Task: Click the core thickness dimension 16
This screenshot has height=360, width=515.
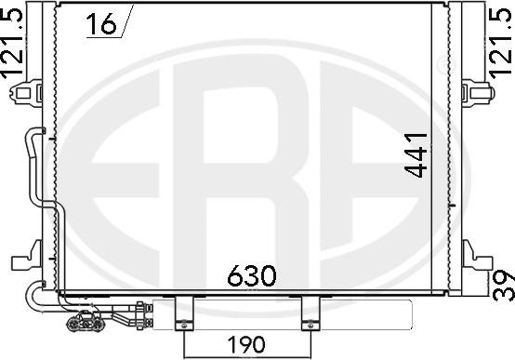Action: pyautogui.click(x=101, y=23)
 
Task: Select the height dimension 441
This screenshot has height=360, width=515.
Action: pyautogui.click(x=416, y=155)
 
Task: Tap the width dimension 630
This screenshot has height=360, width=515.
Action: pyautogui.click(x=252, y=275)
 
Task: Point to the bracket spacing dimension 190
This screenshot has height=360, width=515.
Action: pyautogui.click(x=246, y=344)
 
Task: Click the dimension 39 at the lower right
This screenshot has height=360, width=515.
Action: pyautogui.click(x=505, y=286)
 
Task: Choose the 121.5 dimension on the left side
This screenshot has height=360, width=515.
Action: pyautogui.click(x=12, y=44)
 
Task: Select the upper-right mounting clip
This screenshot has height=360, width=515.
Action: pyautogui.click(x=478, y=92)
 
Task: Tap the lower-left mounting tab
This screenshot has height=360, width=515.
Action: pyautogui.click(x=27, y=257)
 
